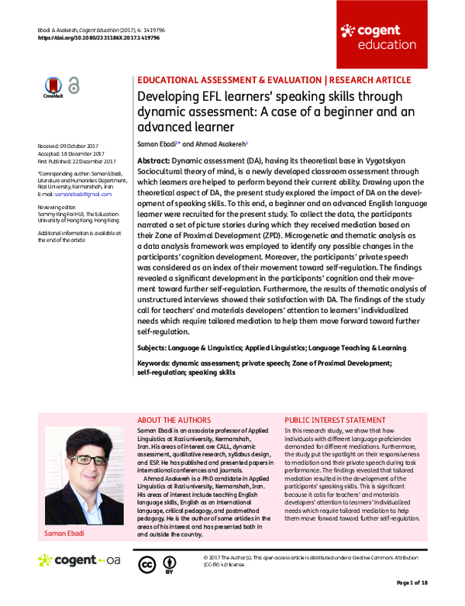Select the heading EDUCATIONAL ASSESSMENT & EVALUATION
click(x=228, y=79)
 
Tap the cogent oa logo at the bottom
click(x=79, y=560)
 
